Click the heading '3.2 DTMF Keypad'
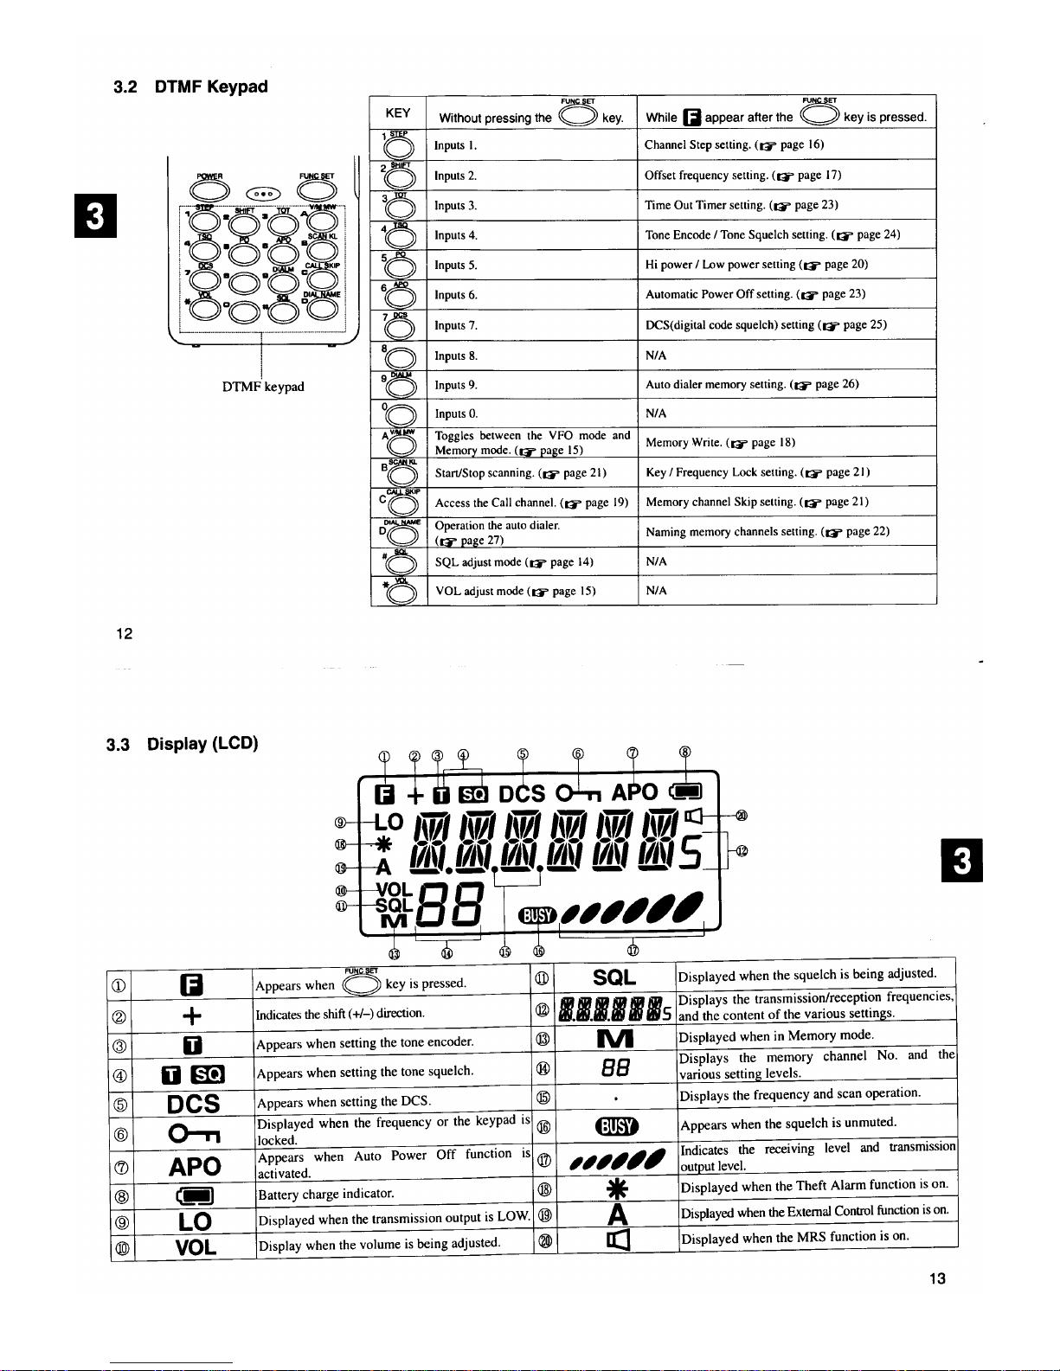tap(190, 86)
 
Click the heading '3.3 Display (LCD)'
tap(182, 744)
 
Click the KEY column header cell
tap(398, 113)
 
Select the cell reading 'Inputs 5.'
tap(456, 266)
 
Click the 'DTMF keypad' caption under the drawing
tap(263, 387)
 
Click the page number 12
tap(124, 634)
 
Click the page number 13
tap(937, 1278)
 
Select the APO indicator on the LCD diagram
tap(634, 792)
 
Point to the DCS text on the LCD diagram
tap(522, 794)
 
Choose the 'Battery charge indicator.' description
tap(325, 1195)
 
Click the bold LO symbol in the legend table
tap(194, 1221)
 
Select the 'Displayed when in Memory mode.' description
tap(775, 1036)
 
